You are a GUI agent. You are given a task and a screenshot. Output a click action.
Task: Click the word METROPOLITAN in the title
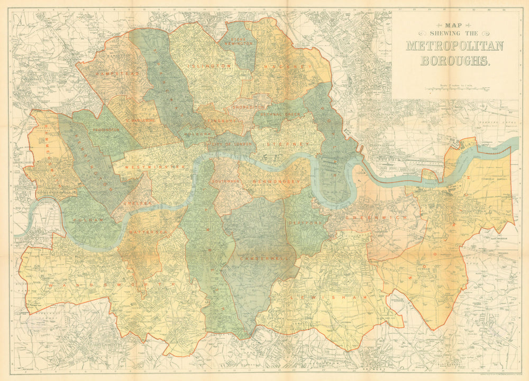coord(454,46)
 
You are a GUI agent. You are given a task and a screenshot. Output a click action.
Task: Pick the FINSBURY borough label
coord(222,121)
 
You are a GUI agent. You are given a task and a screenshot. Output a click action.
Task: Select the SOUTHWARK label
coord(226,181)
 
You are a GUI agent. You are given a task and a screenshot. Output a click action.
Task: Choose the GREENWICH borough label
coord(371,217)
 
